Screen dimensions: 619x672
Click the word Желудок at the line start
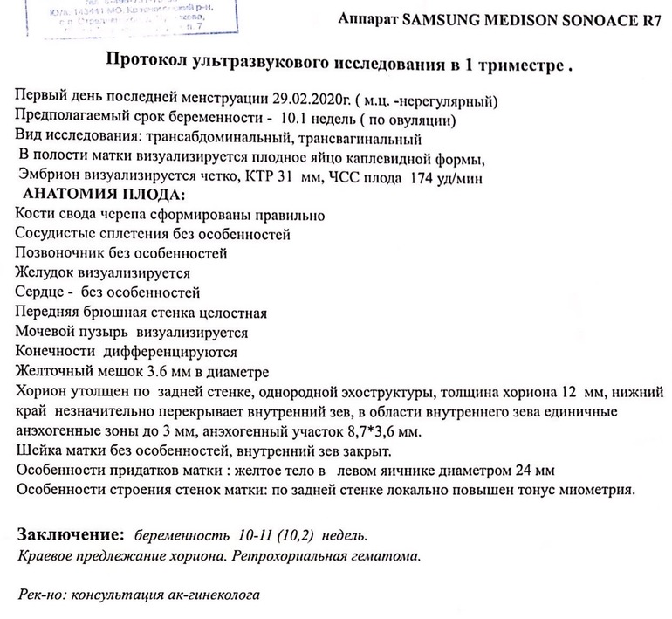pos(44,273)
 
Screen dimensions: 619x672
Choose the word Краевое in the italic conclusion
pos(45,555)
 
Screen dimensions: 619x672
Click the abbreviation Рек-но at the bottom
pos(40,595)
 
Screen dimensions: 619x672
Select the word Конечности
pos(55,353)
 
